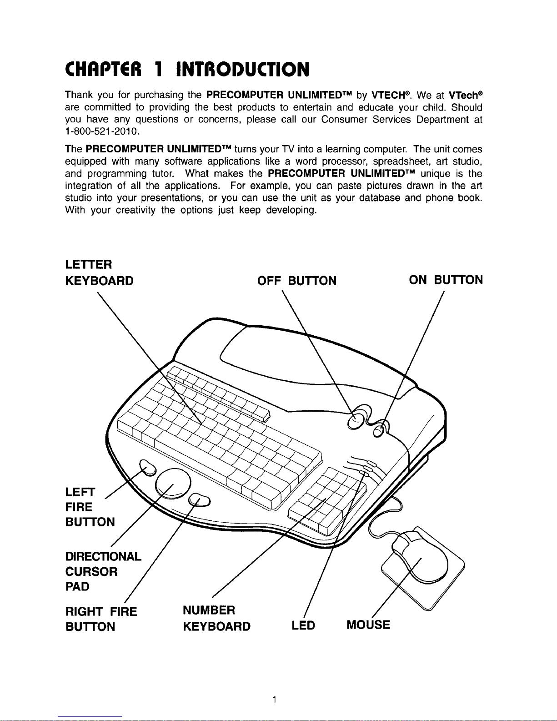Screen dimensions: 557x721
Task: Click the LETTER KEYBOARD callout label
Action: click(x=100, y=272)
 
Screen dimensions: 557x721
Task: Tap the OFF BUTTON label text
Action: click(x=297, y=281)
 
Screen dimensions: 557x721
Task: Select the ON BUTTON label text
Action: click(x=446, y=280)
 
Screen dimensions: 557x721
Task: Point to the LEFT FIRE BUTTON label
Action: click(x=90, y=507)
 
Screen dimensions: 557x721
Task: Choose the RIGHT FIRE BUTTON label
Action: click(x=101, y=619)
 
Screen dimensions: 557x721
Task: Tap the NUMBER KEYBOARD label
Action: click(x=216, y=618)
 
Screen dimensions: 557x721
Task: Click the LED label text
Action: click(x=303, y=626)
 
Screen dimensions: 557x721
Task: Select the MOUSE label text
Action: click(x=368, y=625)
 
